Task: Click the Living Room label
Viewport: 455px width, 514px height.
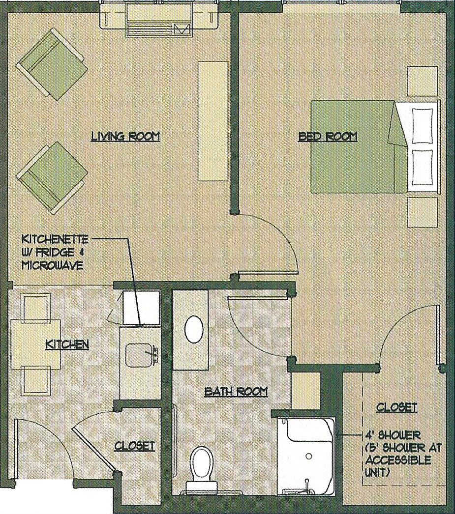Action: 125,136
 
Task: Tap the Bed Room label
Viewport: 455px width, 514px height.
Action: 328,136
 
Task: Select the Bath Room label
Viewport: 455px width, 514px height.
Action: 236,392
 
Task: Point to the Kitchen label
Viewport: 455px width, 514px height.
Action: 67,344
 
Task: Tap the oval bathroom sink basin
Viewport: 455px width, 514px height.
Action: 194,329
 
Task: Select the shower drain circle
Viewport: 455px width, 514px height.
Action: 308,456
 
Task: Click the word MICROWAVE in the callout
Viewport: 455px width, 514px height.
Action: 52,265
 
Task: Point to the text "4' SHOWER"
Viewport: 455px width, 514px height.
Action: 393,436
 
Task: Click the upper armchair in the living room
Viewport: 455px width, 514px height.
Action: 52,64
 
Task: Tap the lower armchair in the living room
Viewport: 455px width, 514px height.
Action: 52,178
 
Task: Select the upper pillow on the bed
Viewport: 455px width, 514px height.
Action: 422,126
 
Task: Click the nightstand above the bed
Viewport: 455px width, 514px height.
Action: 423,81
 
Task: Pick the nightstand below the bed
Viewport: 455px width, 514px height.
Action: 423,212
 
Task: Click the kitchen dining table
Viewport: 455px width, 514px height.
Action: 36,344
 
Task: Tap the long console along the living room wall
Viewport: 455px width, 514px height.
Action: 213,120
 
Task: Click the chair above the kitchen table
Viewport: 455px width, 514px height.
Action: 36,307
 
